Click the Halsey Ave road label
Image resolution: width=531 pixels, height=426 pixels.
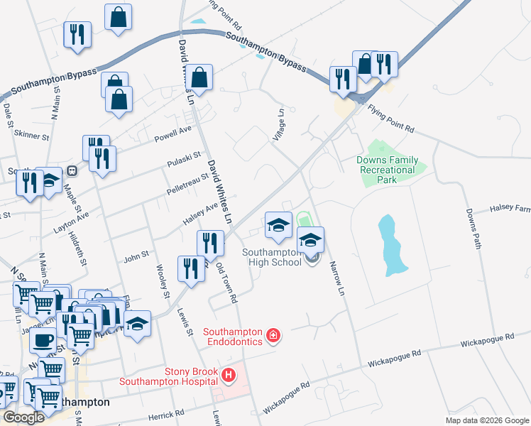(201, 211)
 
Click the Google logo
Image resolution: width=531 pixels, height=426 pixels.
(24, 417)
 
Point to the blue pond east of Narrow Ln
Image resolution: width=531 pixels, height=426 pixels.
(391, 245)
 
